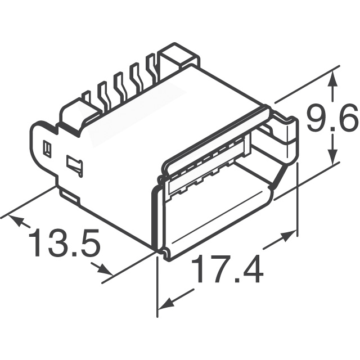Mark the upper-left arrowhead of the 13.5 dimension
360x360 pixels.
pyautogui.click(x=19, y=221)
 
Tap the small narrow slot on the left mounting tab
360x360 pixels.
pyautogui.click(x=48, y=150)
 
